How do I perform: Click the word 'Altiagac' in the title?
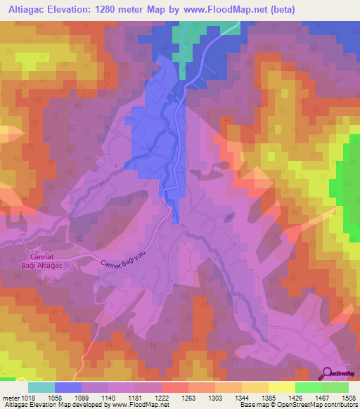27,9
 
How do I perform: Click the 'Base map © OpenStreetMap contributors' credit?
298,405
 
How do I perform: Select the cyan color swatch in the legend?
41,387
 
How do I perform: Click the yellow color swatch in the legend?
282,387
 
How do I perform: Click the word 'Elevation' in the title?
79,9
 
